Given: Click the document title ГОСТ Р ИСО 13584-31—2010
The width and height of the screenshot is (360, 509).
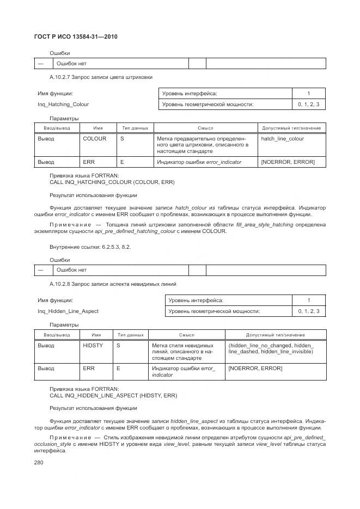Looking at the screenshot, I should [x=76, y=36].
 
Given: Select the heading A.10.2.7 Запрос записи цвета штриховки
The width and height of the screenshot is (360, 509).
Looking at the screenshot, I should [x=101, y=77].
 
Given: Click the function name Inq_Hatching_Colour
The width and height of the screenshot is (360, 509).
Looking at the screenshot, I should [x=63, y=104].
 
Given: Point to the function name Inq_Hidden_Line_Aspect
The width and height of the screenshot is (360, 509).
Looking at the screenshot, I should [x=68, y=311].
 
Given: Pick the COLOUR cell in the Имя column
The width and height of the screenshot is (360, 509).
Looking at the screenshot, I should [x=94, y=139].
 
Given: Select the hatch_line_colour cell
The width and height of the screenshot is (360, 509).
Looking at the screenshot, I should [x=282, y=139].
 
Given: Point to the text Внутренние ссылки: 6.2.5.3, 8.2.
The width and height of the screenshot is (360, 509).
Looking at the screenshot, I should [x=90, y=247].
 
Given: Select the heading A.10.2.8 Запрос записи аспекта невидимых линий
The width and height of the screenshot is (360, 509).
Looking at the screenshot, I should [x=113, y=284].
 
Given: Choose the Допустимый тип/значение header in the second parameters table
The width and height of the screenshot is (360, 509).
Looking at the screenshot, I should [x=275, y=335].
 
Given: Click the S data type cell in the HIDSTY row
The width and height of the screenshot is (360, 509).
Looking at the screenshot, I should [x=118, y=346].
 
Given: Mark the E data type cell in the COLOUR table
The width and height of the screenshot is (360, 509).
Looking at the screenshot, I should [x=122, y=162].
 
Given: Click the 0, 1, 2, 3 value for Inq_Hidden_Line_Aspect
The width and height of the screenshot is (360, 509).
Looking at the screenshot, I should [x=308, y=311].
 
